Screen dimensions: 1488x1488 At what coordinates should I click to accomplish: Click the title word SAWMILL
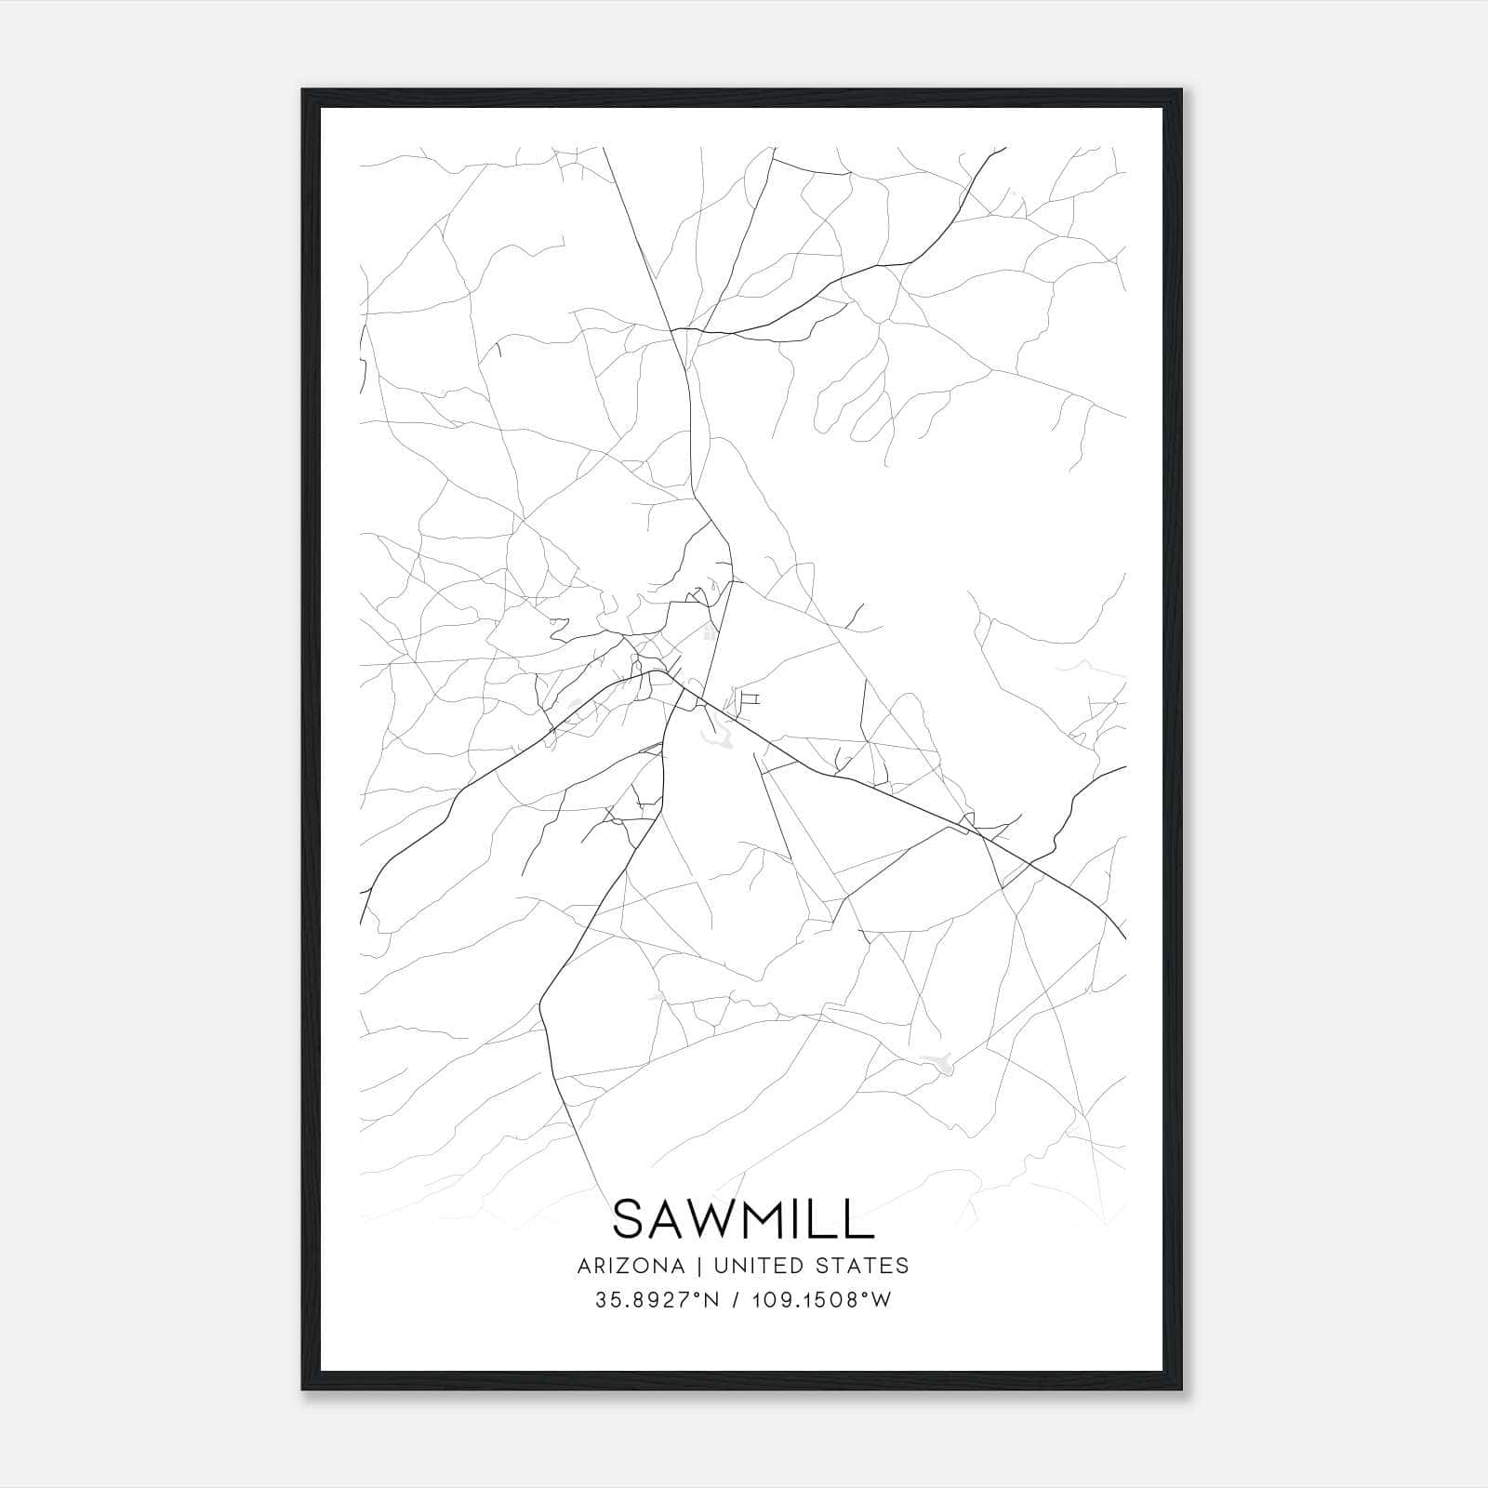coord(743,1218)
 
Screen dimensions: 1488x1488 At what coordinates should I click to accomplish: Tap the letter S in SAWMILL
coord(630,1218)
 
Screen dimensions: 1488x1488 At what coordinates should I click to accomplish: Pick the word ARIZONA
coord(631,1266)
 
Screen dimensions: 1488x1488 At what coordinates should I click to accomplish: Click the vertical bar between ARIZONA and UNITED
coord(694,1266)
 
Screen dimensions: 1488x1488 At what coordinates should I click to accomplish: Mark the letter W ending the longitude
coord(881,1300)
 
